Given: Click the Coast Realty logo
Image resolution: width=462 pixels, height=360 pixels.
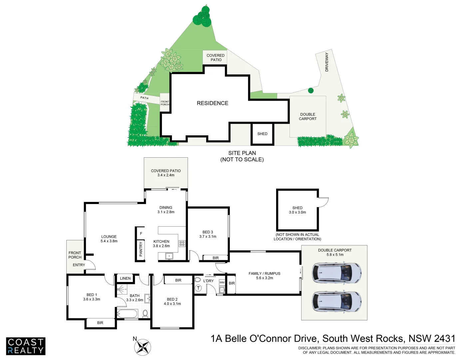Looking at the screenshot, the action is (26, 346).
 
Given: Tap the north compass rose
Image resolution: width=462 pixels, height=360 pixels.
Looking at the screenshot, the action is (143, 347).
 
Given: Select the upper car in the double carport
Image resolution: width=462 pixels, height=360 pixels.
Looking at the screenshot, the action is (336, 272).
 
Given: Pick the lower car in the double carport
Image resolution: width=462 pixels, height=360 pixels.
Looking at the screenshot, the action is (336, 301).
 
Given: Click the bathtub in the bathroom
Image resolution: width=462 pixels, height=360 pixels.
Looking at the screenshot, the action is (127, 314).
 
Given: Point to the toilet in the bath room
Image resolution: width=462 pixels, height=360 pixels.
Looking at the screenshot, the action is (145, 313).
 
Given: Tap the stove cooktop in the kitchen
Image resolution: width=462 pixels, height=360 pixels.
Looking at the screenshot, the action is (182, 243).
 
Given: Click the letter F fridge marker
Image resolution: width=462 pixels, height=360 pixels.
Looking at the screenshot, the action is (141, 233).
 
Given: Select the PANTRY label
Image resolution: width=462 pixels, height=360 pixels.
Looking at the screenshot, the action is (141, 249).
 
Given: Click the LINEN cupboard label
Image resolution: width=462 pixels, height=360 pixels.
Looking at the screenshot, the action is (125, 278).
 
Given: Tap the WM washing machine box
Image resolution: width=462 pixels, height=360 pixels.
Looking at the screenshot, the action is (222, 282).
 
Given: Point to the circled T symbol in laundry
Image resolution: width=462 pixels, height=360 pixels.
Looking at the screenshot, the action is (198, 288).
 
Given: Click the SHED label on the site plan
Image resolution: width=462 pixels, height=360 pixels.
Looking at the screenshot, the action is (262, 134).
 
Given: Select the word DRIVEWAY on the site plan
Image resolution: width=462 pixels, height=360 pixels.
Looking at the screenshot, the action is (327, 62).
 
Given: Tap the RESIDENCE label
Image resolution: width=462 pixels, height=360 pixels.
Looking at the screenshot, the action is (213, 103).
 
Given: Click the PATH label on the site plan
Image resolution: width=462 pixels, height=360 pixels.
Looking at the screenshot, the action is (145, 98).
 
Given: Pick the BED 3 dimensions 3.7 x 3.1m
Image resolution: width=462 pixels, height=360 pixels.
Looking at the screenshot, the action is (208, 237).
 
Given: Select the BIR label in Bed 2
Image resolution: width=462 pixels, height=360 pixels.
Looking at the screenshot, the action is (178, 280).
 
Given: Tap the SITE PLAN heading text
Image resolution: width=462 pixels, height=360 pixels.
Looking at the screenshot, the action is (242, 153).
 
